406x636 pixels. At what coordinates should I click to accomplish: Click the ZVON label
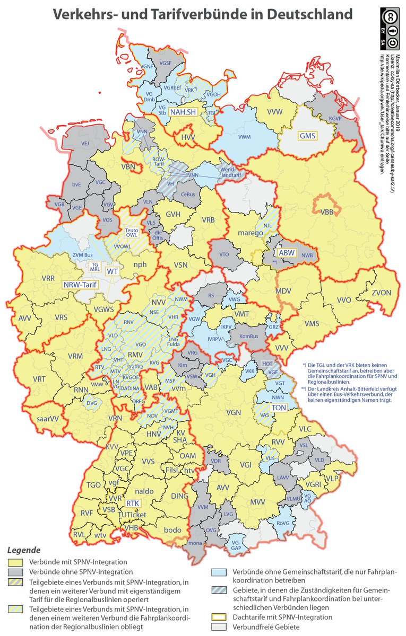coord(381,293)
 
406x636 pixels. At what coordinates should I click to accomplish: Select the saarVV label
coord(47,418)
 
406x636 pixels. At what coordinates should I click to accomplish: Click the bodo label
coord(172,530)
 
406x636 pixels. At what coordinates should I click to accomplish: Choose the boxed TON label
coord(279,408)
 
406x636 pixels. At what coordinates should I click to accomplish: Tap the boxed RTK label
coord(133,503)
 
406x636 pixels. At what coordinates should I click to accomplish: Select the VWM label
coord(245,137)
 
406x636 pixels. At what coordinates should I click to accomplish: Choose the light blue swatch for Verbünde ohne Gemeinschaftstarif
coord(219,572)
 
